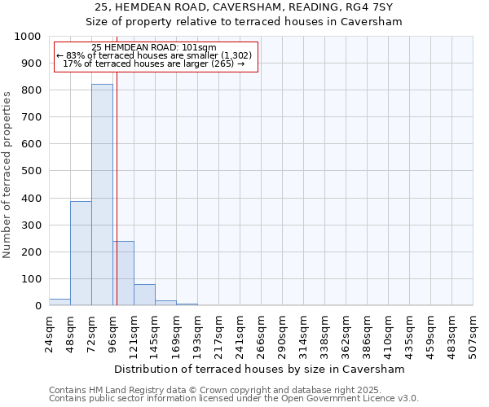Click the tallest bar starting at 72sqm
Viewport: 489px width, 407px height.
pos(102,195)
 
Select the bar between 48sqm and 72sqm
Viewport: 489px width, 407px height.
pos(81,253)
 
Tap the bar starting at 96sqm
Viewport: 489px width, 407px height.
pos(124,274)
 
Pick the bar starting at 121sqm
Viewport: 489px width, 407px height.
pos(144,295)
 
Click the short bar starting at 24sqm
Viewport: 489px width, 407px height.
pos(59,302)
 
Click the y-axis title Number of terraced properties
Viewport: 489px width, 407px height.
pos(8,174)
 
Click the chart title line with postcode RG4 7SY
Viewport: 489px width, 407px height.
pos(244,7)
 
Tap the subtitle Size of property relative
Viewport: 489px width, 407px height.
pos(244,22)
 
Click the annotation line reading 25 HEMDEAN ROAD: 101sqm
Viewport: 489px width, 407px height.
pos(154,48)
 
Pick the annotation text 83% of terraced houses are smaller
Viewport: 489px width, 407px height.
pos(154,56)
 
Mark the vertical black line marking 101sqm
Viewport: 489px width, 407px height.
pos(117,203)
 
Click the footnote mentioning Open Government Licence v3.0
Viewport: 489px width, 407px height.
pos(234,399)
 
